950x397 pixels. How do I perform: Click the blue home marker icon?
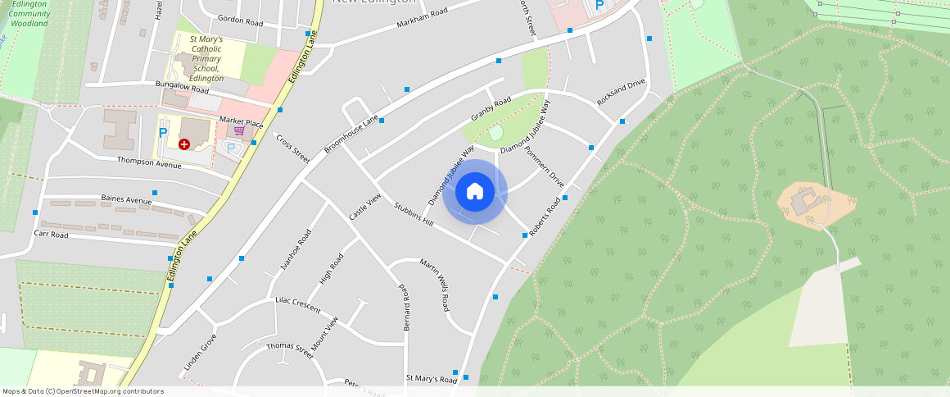click(475, 192)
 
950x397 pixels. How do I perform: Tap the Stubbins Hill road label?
click(413, 215)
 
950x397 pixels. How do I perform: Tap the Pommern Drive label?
click(545, 167)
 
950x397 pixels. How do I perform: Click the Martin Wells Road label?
click(435, 285)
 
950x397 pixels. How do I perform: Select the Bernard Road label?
click(405, 308)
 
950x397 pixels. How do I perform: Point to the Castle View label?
click(365, 207)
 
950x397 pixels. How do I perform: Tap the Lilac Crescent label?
click(298, 305)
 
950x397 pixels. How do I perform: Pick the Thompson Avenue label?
click(149, 162)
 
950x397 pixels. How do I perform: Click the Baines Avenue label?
click(126, 199)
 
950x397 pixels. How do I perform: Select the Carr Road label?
click(51, 235)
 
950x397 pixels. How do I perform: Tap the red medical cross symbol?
click(184, 144)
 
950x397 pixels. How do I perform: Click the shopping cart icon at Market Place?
click(239, 130)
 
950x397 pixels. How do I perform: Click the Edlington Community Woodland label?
click(30, 14)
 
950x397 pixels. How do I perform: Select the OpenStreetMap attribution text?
click(83, 391)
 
